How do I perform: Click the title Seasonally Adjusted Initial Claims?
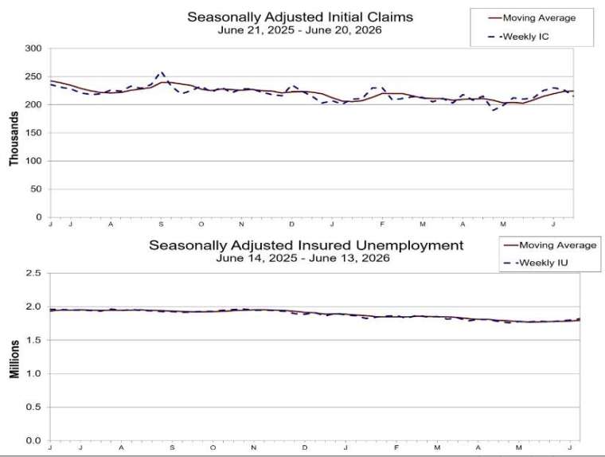300,17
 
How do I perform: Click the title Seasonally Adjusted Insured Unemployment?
306,245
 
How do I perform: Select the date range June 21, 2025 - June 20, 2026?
300,30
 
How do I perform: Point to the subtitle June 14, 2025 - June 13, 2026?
302,258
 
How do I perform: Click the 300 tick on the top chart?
33,49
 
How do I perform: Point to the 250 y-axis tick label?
33,76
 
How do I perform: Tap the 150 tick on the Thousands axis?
33,133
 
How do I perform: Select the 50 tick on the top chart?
36,189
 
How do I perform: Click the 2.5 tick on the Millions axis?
33,273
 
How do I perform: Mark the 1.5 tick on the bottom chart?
33,340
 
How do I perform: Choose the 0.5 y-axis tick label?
33,407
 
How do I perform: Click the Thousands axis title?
14,139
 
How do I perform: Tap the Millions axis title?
14,359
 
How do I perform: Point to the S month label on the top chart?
161,225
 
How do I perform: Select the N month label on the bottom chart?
253,447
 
